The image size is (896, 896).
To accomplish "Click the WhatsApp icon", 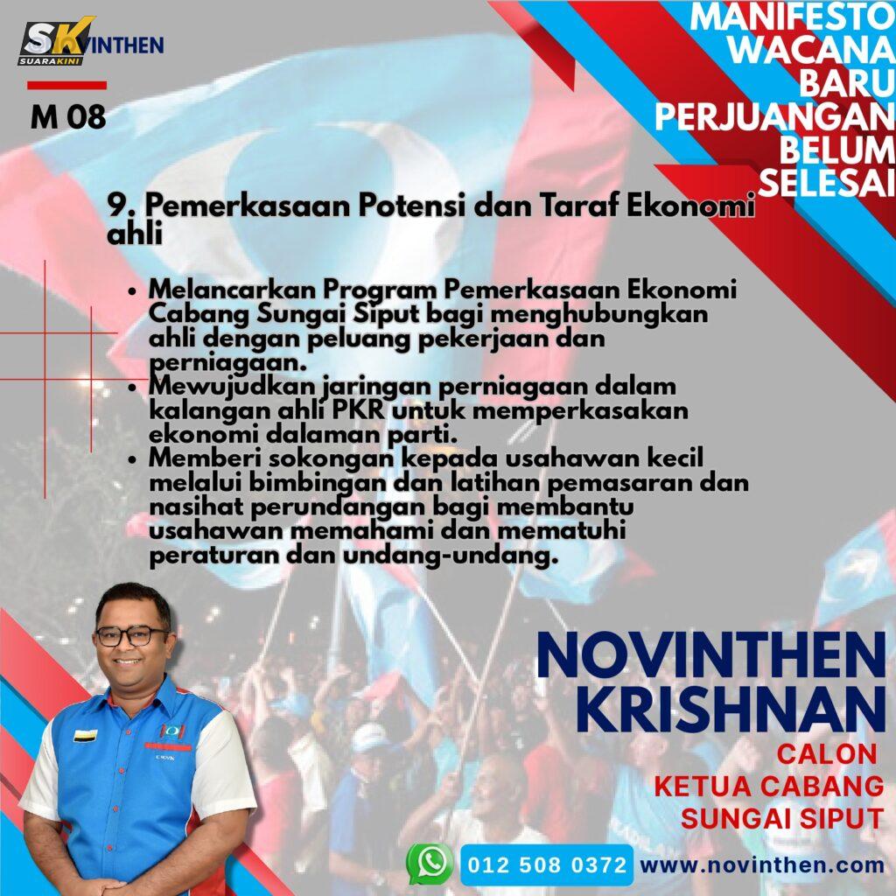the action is tap(430, 864).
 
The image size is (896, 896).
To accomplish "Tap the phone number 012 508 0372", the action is tap(547, 864).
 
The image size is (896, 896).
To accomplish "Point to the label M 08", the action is tap(68, 117).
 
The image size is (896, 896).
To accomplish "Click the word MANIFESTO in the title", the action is tap(792, 17).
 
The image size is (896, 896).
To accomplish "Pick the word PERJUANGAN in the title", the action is tap(774, 117).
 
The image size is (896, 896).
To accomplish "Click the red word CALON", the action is tap(826, 753).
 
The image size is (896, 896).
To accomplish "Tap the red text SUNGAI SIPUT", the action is tap(782, 818).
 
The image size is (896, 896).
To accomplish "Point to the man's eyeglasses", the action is tap(131, 635).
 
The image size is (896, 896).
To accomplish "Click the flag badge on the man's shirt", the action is tap(85, 735).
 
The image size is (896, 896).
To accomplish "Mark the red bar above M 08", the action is tap(66, 86).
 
